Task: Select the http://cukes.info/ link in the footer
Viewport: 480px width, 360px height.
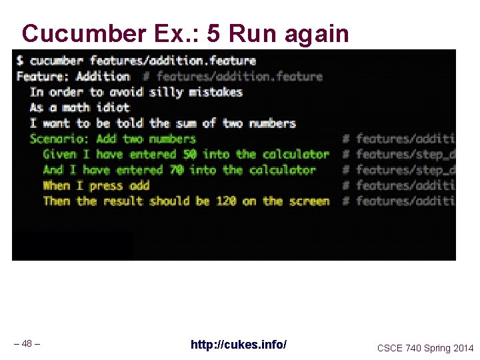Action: [239, 345]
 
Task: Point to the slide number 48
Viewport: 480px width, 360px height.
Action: [27, 344]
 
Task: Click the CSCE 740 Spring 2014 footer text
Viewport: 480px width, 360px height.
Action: [425, 348]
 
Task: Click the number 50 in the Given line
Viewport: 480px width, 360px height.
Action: [189, 154]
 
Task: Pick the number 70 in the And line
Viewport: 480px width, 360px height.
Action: [176, 170]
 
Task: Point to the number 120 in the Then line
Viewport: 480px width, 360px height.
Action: [226, 201]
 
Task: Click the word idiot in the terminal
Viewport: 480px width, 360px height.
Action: [113, 107]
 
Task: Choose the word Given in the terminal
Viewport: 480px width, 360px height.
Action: [59, 154]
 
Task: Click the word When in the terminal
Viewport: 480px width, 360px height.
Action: [57, 185]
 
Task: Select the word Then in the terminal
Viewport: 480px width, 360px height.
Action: [57, 201]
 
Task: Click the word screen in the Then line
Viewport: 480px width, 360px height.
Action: [309, 201]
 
